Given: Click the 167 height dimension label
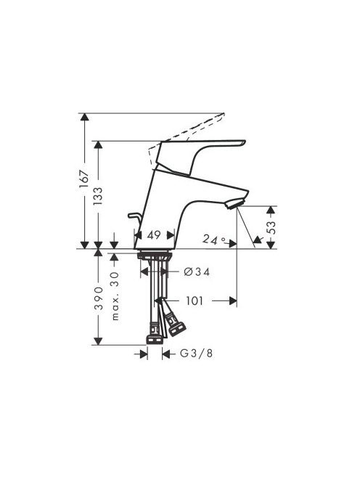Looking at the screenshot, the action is [x=84, y=179].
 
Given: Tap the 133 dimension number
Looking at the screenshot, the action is [x=98, y=196].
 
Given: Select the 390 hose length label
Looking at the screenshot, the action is [x=99, y=298].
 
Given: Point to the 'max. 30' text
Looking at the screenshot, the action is [x=115, y=296].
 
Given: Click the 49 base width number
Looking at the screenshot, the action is [x=154, y=235].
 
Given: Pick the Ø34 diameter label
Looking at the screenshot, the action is [x=197, y=271].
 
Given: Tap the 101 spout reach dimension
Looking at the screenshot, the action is [x=195, y=301].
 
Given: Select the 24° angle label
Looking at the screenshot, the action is [x=214, y=239].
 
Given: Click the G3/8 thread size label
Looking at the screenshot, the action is [x=196, y=354].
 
